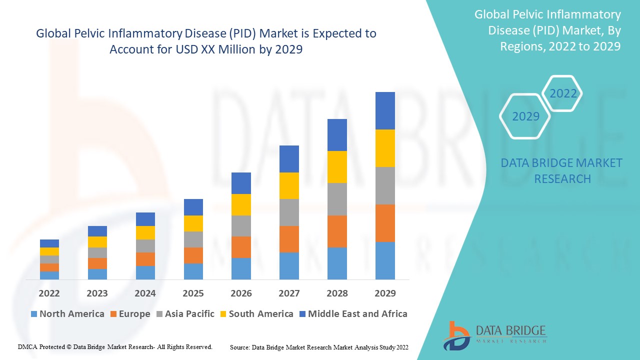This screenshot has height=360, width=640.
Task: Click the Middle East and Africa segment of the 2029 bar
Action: coord(385,110)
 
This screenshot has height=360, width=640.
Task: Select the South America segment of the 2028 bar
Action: coord(337,167)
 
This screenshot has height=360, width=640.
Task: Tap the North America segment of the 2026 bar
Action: coord(241,268)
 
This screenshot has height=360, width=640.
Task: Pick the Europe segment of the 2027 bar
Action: coord(289,239)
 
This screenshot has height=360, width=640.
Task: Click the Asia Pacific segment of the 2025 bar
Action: coord(193,239)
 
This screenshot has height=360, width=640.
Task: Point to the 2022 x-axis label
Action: coord(49,293)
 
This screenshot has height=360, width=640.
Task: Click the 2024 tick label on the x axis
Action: coord(145,293)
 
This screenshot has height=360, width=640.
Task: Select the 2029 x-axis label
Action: coord(385,293)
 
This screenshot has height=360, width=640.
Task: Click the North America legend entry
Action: coord(67,314)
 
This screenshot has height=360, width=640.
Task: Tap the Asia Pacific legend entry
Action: coord(185,314)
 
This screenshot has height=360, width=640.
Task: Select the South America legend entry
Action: coord(255,314)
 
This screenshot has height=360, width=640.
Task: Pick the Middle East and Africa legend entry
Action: coord(352,314)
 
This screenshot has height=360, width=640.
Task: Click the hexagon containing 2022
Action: coord(563,93)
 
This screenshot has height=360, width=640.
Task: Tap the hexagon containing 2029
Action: coord(525,116)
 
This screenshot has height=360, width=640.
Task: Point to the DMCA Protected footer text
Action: coord(115,346)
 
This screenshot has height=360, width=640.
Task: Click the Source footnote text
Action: coord(319,347)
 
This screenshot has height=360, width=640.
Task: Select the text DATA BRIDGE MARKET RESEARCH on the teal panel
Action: coord(562,171)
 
